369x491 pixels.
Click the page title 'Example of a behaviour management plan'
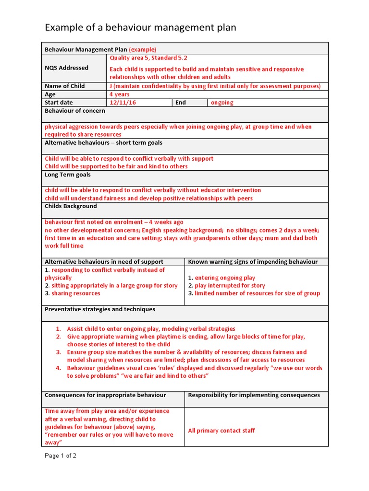(140, 27)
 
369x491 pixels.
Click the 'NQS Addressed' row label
(66, 68)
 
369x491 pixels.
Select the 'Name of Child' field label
(64, 86)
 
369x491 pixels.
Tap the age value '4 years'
(120, 94)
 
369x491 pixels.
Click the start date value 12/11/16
(123, 103)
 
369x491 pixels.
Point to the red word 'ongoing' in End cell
(222, 103)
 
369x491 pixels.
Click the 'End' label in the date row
(181, 103)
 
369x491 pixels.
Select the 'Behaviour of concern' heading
(74, 111)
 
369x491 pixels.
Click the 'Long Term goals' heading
(68, 175)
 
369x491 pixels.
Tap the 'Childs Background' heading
(71, 206)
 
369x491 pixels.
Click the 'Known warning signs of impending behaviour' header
(253, 262)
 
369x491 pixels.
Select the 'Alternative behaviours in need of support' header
(104, 262)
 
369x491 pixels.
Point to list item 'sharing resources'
(76, 293)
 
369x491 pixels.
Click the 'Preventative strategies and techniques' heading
(100, 309)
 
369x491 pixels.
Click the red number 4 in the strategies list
(58, 368)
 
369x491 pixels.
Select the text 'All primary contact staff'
(221, 431)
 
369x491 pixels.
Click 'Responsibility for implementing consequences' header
(254, 395)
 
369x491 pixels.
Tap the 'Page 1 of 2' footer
(61, 456)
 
